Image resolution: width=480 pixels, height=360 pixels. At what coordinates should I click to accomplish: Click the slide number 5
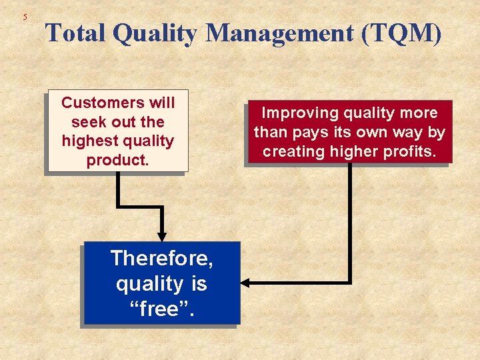point(25,17)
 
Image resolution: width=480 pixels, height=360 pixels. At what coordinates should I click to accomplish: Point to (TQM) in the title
point(401,33)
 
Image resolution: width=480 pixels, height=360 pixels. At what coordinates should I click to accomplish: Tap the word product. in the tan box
point(117,161)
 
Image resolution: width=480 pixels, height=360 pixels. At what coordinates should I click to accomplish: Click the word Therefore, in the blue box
point(161,257)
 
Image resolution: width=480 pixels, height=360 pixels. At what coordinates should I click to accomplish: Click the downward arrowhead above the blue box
point(161,235)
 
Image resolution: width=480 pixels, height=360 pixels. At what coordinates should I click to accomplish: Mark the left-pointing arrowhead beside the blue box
point(245,283)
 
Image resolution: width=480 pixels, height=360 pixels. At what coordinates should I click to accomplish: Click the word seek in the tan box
point(86,122)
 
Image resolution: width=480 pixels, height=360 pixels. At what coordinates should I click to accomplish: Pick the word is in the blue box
point(199,284)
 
